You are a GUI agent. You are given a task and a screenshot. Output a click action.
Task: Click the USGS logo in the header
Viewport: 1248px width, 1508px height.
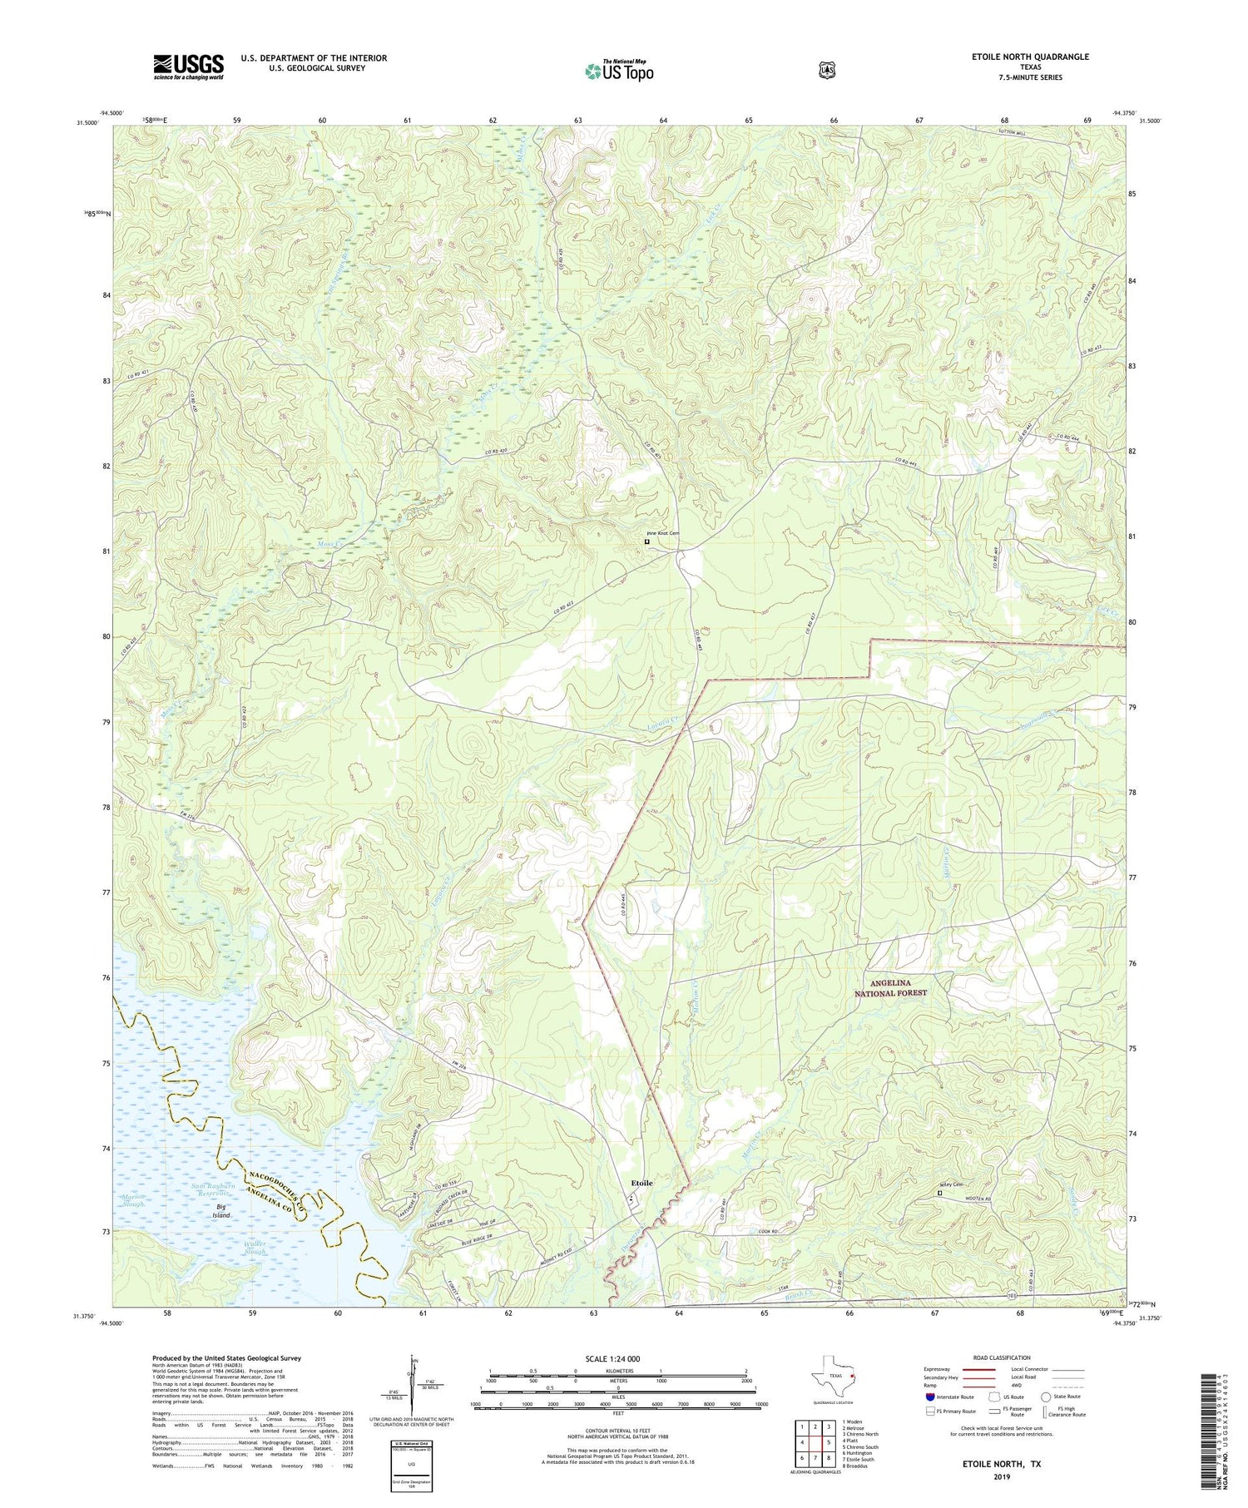pos(188,67)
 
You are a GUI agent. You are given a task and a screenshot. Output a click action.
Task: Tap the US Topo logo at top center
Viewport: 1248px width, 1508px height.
pos(619,70)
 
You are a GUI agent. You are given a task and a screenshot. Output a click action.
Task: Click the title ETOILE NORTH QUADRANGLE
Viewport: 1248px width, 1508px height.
pos(1030,57)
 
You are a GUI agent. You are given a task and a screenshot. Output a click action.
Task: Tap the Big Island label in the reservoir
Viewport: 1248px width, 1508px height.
pos(220,1210)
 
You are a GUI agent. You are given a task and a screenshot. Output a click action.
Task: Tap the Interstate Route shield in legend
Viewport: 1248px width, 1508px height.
pos(929,1397)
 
